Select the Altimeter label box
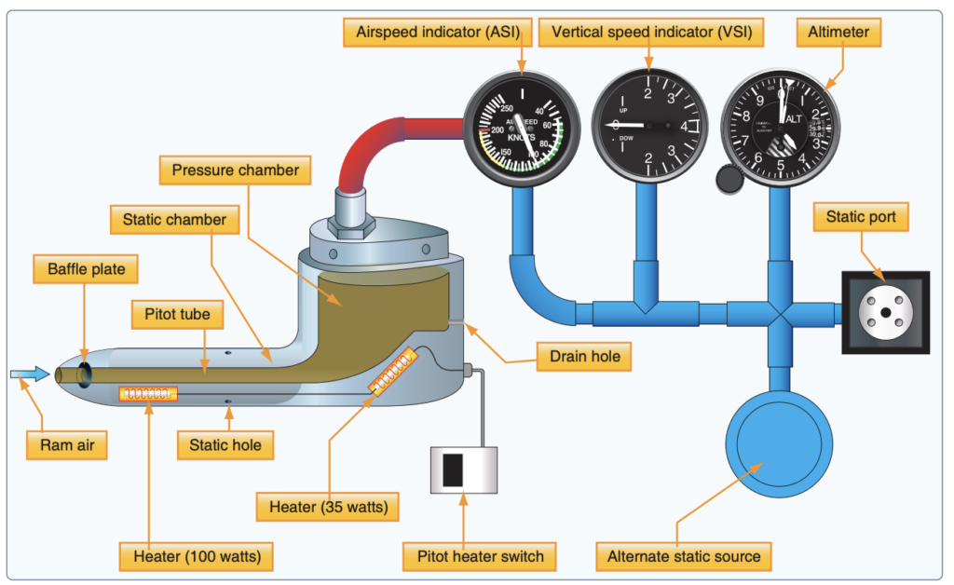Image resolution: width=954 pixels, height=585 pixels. (839, 32)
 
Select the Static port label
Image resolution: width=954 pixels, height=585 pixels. (862, 218)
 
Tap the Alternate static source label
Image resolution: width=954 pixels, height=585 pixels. (684, 557)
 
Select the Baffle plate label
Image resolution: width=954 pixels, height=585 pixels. (86, 270)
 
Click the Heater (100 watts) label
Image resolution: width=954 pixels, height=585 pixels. (197, 557)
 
